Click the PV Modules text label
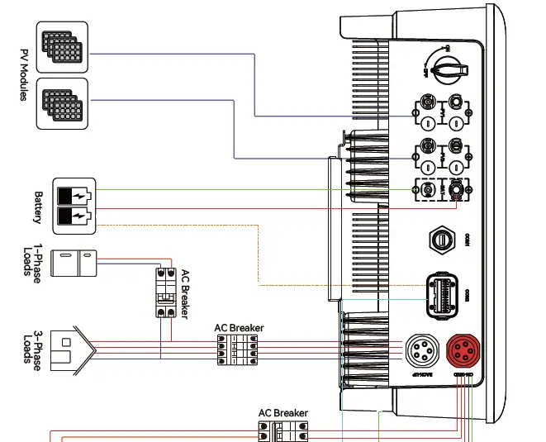click(x=23, y=74)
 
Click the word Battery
click(x=37, y=207)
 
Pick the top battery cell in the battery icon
click(x=74, y=197)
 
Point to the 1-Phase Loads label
click(x=32, y=264)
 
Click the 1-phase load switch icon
click(x=74, y=264)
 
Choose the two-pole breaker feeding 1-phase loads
click(x=166, y=292)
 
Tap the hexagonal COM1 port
click(x=441, y=240)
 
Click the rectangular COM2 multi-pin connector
click(x=442, y=292)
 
